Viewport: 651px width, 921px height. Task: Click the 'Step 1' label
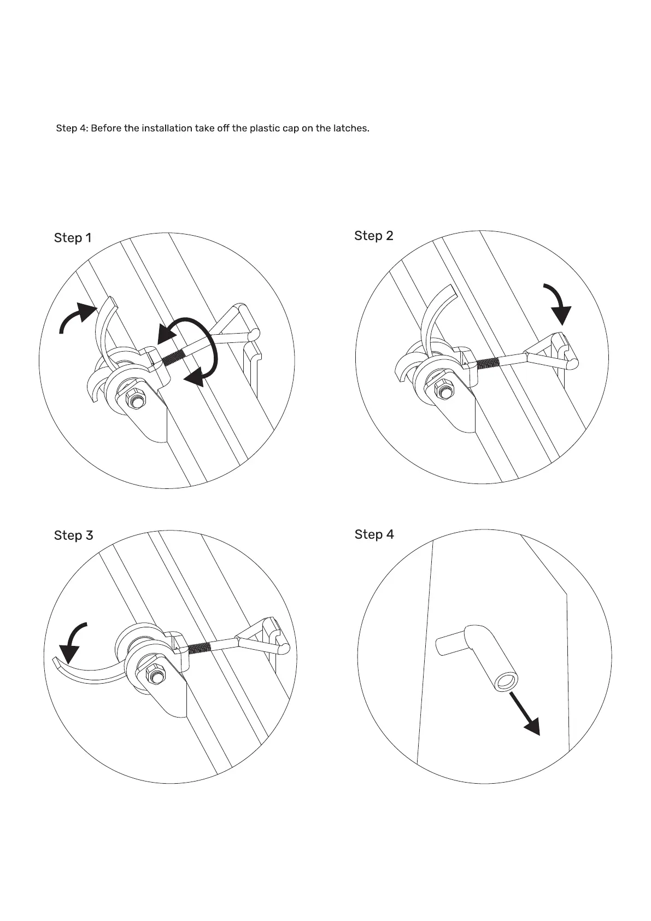73,238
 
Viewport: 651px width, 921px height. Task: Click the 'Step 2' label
373,236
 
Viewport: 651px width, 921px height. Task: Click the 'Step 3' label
73,535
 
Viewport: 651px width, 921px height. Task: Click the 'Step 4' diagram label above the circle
374,534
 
